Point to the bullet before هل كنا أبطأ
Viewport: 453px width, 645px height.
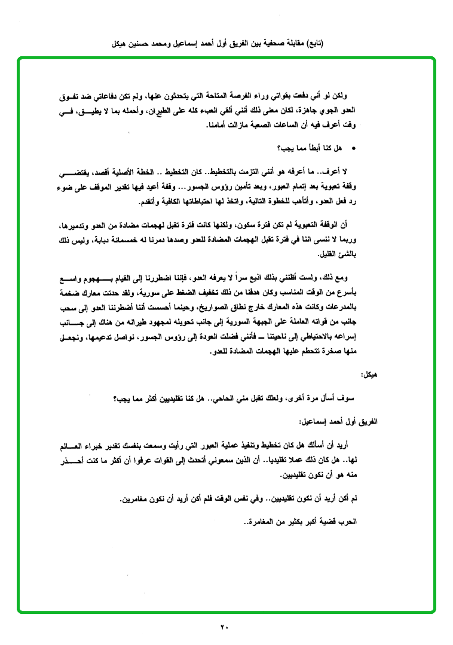point(354,147)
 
